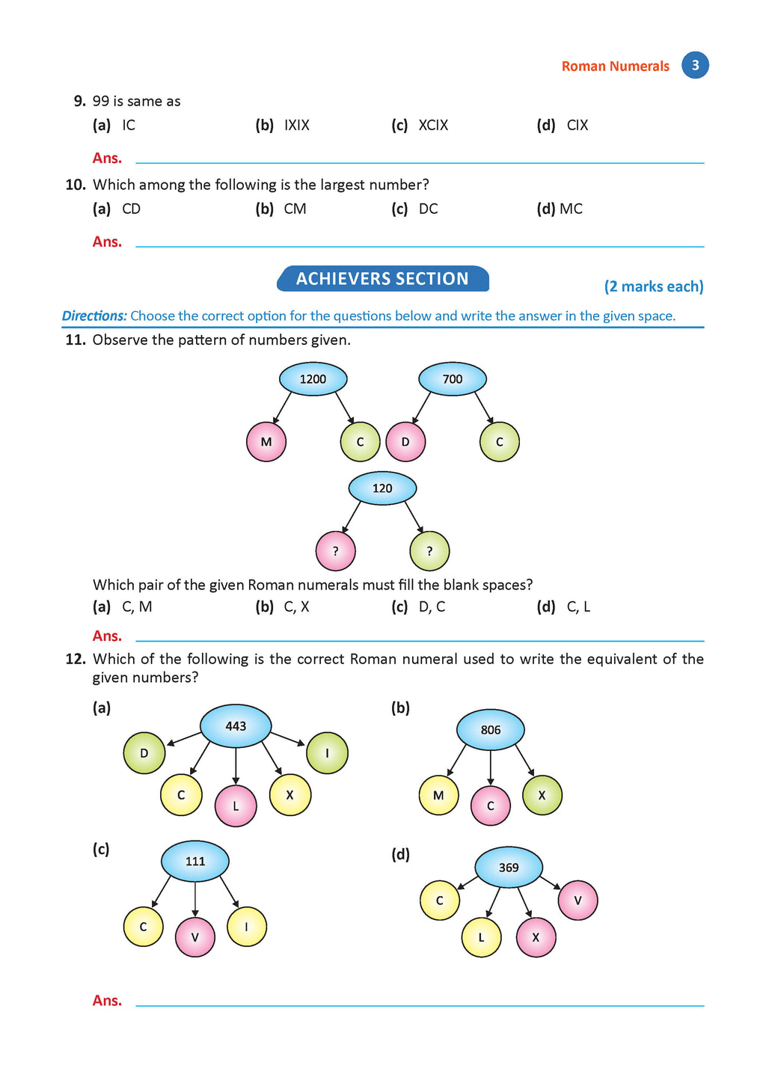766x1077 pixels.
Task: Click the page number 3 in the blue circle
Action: tap(695, 65)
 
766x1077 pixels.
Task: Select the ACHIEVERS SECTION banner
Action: tap(382, 279)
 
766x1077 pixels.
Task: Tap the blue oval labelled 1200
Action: tap(313, 379)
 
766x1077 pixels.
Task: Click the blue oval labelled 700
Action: tap(452, 379)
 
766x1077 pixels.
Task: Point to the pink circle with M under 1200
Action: tap(266, 441)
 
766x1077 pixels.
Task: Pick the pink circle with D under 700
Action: tap(405, 441)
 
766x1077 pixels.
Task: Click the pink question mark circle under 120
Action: tap(335, 551)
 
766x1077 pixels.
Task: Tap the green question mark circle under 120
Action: tap(429, 551)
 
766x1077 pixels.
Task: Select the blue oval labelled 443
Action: tap(236, 725)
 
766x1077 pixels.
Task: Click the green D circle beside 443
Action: tap(144, 753)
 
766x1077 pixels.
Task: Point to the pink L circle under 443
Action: tap(236, 806)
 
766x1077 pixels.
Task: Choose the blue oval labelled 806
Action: tap(491, 730)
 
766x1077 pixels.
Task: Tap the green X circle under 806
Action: tap(542, 796)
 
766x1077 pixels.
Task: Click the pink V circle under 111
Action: tap(195, 936)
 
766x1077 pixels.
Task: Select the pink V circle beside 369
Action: tap(577, 900)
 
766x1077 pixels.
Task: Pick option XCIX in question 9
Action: tap(433, 126)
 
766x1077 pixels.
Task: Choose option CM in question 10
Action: tap(295, 209)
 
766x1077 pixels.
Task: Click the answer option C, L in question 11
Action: tap(578, 607)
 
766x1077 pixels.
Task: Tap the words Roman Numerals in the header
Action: tap(615, 67)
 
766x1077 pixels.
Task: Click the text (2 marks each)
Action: tap(654, 286)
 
